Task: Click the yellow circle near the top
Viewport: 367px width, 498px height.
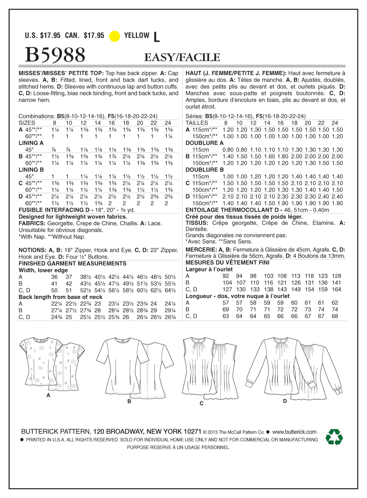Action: [x=115, y=36]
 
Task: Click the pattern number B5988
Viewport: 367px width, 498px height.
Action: [x=55, y=55]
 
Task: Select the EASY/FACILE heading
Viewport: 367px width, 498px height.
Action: [x=182, y=57]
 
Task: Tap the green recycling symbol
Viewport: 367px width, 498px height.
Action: [x=334, y=437]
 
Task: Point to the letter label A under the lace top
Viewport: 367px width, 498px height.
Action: [x=48, y=395]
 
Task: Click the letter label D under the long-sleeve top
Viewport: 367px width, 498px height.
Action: [x=285, y=401]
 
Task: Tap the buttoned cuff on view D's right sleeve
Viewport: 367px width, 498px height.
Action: [x=338, y=390]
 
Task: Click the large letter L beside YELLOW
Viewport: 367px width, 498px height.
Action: [x=156, y=37]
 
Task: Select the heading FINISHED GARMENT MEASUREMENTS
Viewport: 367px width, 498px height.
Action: [x=73, y=263]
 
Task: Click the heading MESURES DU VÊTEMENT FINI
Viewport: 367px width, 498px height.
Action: [x=227, y=262]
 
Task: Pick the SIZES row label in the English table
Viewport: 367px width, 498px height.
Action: [x=27, y=123]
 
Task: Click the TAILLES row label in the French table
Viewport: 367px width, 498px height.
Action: [x=197, y=123]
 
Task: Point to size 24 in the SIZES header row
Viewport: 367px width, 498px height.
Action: [x=168, y=123]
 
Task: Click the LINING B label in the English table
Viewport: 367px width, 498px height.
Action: [x=31, y=170]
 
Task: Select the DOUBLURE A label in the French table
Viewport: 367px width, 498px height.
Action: [x=204, y=143]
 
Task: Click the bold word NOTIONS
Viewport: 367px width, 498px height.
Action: [x=32, y=250]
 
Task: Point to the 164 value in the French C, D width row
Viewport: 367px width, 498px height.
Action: [x=336, y=289]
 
